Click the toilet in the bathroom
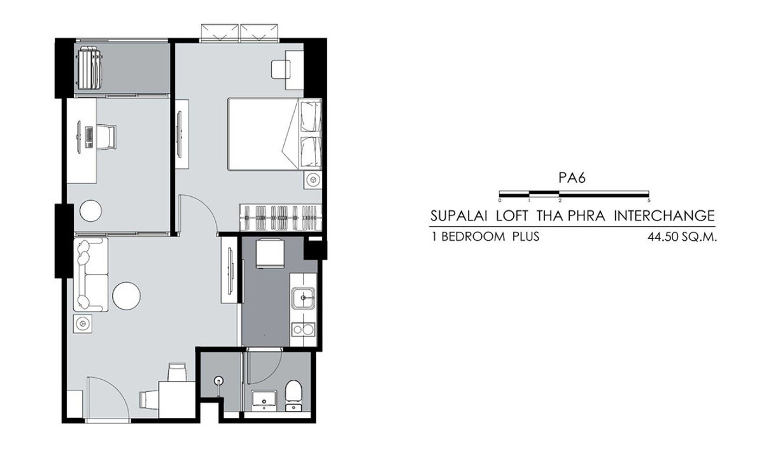tap(294, 396)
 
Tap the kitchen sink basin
tap(303, 298)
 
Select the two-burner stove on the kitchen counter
tap(303, 329)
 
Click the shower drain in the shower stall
tap(218, 380)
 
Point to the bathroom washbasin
tap(264, 399)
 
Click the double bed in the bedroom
tap(274, 134)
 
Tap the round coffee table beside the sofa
tap(126, 296)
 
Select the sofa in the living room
tap(90, 275)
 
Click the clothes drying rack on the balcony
tap(90, 68)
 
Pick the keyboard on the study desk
tap(88, 137)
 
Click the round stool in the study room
tap(90, 211)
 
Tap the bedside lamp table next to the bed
tap(313, 180)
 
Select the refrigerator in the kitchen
tap(270, 254)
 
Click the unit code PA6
tap(572, 178)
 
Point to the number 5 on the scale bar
tap(649, 201)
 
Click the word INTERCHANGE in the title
tap(664, 216)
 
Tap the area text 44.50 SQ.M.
tap(682, 237)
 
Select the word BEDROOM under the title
tap(473, 236)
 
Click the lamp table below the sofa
tap(83, 323)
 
